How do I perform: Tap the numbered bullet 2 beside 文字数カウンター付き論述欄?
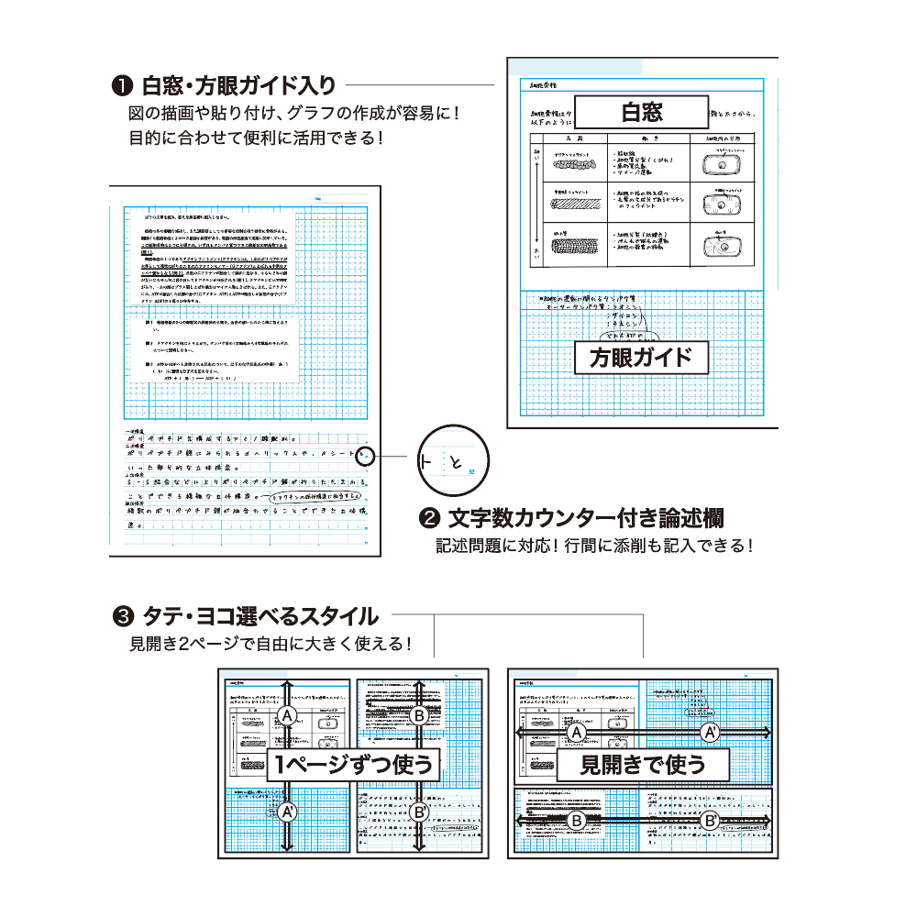428,518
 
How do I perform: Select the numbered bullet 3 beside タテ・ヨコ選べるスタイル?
121,615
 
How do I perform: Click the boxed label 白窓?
641,112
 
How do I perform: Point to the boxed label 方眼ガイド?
641,357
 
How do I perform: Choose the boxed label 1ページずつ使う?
353,763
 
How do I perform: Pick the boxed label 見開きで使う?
642,763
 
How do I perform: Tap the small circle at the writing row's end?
366,456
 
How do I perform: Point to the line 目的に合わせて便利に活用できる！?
254,139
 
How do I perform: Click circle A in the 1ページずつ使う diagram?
287,715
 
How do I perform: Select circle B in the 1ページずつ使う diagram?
419,715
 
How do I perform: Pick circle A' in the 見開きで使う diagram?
710,733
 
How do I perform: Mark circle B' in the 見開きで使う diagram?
710,821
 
